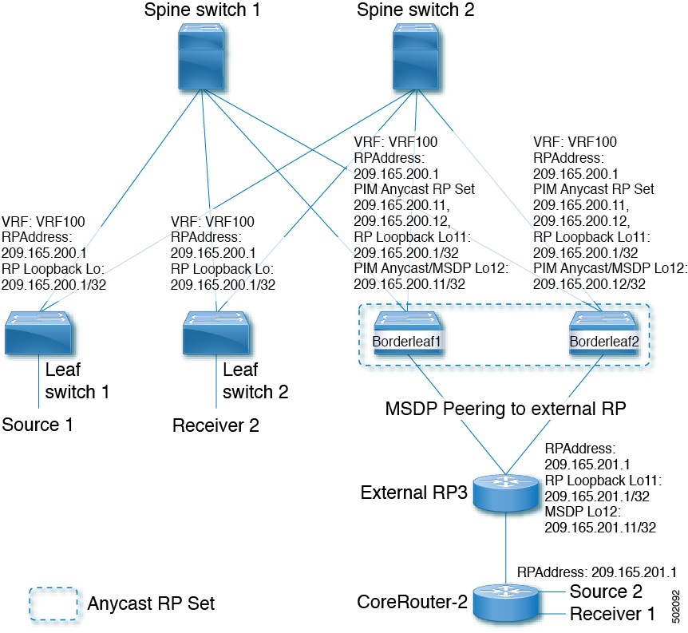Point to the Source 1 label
click(37, 424)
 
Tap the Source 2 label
click(606, 591)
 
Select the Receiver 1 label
click(611, 613)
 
